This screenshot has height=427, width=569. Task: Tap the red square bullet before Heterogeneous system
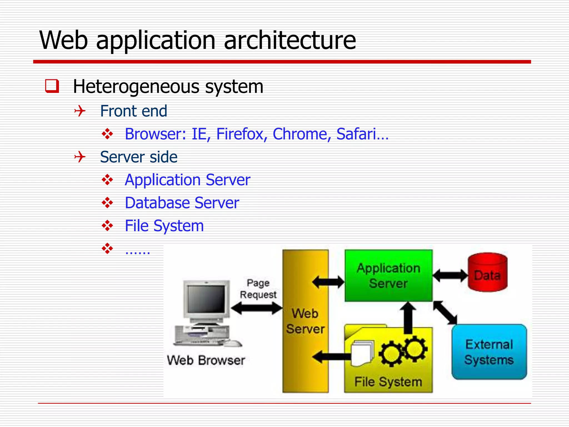tap(52, 86)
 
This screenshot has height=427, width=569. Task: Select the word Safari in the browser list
tap(356, 134)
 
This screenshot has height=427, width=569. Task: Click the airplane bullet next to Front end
tap(80, 111)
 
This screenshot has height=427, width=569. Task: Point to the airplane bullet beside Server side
tap(80, 157)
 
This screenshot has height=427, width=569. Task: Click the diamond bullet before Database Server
tap(107, 203)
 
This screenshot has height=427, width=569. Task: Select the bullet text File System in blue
tap(164, 226)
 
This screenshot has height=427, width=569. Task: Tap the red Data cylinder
tap(488, 272)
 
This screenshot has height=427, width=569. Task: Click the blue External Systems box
tap(489, 352)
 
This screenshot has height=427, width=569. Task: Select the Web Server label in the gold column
tap(305, 321)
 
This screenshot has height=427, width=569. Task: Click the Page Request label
tap(258, 289)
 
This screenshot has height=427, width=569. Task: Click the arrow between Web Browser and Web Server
tap(257, 308)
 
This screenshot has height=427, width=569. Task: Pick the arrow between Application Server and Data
tap(450, 276)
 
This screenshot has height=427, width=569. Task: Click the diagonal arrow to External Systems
tap(445, 313)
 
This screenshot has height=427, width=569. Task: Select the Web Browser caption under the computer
tap(206, 361)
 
